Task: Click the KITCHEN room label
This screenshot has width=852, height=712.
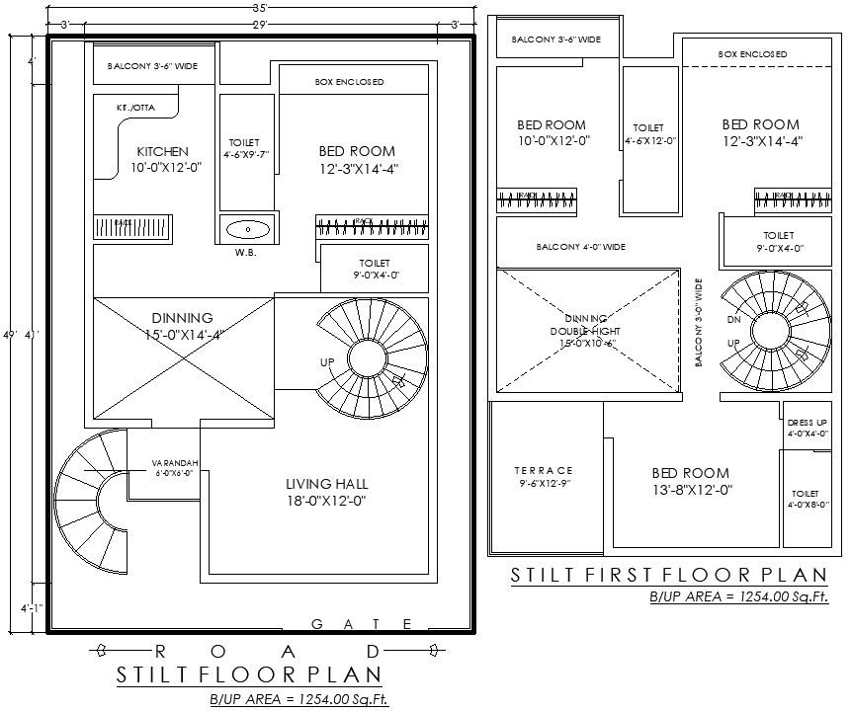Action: coord(163,152)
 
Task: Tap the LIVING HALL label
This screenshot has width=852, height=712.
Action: coord(326,484)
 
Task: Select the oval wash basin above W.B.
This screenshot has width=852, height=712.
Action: coord(247,229)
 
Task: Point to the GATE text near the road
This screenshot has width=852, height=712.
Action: coord(362,623)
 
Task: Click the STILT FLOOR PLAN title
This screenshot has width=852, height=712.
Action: coord(249,675)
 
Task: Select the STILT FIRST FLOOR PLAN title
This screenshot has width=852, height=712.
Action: coord(668,575)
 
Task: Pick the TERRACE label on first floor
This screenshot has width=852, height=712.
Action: coord(544,471)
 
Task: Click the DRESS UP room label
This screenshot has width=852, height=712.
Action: coord(807,422)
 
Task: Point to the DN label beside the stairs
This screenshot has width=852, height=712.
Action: coord(733,321)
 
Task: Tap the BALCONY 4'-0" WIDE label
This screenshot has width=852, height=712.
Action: coord(581,247)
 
